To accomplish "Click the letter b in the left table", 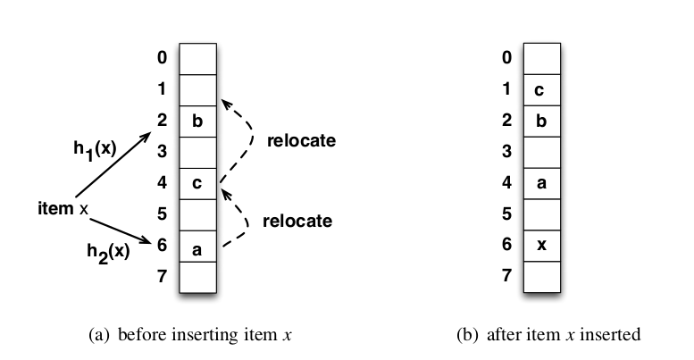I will [x=197, y=121].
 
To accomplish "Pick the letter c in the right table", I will [x=540, y=89].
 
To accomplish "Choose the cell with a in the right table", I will [x=540, y=183].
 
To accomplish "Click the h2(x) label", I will [x=108, y=251].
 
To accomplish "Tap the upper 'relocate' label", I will [x=300, y=140].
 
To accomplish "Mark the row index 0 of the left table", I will [x=162, y=58].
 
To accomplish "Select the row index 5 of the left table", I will [x=162, y=214].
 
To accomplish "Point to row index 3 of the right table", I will [x=506, y=152].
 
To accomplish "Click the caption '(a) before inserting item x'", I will [x=192, y=335].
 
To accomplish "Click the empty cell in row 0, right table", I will [x=540, y=58].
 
